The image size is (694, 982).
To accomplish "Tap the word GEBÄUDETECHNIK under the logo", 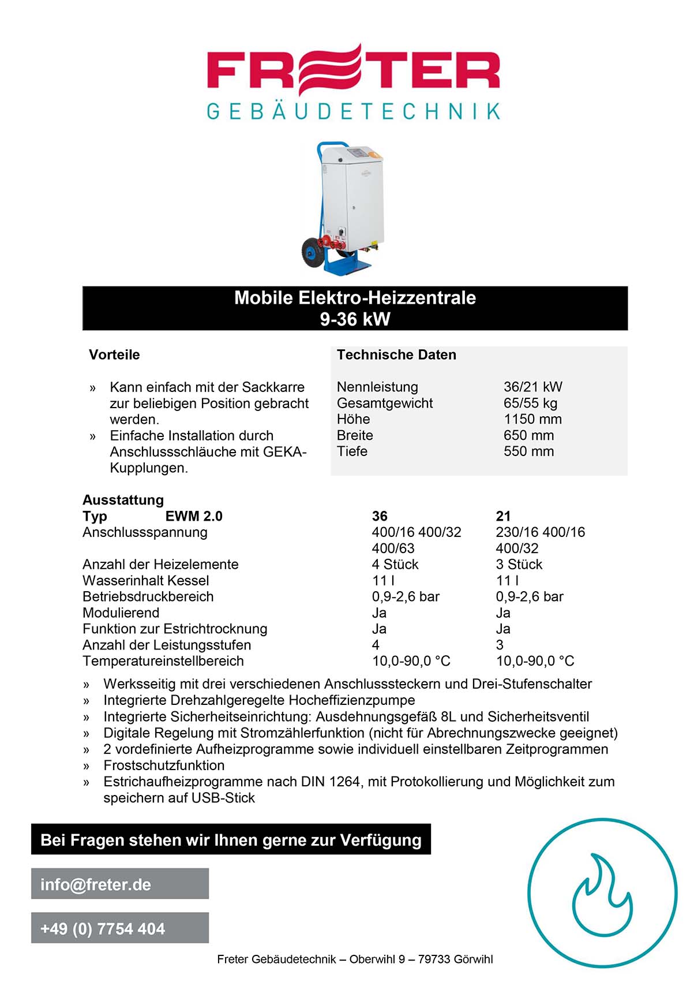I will [353, 111].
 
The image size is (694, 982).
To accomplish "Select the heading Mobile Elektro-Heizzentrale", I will [355, 298].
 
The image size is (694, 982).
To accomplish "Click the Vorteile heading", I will [114, 354].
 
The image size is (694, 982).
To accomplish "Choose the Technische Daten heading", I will [396, 354].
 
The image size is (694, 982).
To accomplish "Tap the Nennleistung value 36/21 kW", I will [532, 387].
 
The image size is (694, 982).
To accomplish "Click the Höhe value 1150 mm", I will [532, 419].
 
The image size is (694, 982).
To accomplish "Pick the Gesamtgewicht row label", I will [385, 403].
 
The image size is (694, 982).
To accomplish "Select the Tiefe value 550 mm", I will [528, 451].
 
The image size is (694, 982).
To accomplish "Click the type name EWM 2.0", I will [194, 516].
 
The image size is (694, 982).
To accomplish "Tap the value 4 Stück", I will [395, 565].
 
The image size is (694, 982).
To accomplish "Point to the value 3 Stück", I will [519, 565].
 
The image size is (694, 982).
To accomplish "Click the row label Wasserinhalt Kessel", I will [145, 581].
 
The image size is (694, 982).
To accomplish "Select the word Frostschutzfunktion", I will [164, 766].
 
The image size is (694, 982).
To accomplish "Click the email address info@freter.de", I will [96, 884].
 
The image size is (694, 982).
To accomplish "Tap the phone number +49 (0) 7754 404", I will [103, 928].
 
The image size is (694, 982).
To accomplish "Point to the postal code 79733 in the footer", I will [434, 959].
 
